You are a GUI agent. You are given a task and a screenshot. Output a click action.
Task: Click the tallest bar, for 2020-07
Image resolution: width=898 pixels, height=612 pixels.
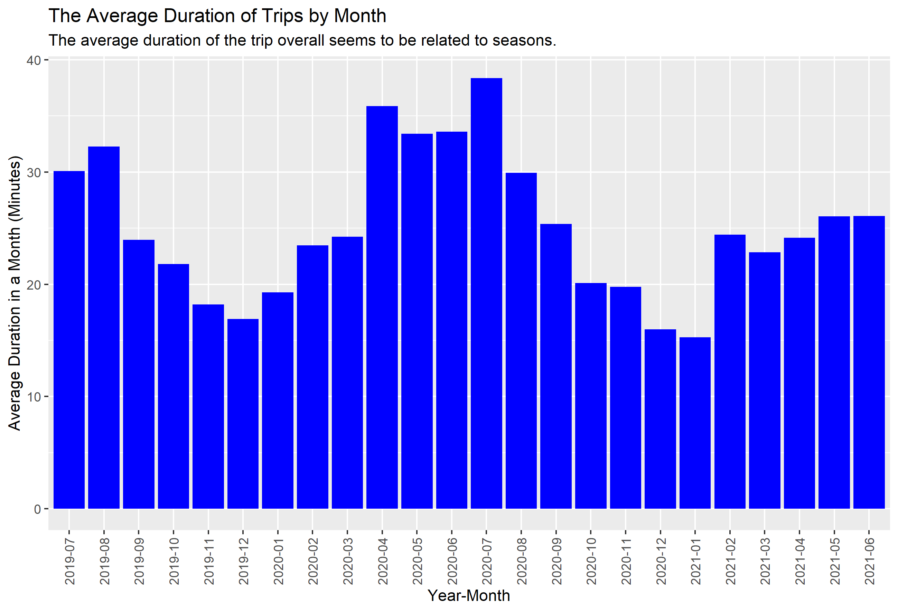(x=486, y=294)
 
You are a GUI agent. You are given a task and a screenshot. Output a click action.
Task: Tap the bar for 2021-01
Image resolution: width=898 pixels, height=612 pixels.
(x=695, y=423)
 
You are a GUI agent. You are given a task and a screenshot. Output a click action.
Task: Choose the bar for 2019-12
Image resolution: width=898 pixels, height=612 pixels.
(x=243, y=414)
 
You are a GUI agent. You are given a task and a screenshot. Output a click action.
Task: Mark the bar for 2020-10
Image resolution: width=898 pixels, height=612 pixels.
(x=590, y=396)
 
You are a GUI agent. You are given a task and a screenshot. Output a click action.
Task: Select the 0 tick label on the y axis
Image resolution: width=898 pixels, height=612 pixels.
(x=37, y=509)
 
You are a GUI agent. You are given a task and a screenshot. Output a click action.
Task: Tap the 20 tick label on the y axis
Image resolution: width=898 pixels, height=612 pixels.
(x=34, y=285)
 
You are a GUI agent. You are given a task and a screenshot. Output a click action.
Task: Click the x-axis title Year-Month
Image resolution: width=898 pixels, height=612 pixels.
(x=469, y=596)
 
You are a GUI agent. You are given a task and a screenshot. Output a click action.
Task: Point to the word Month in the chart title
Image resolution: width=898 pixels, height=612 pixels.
(x=360, y=16)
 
